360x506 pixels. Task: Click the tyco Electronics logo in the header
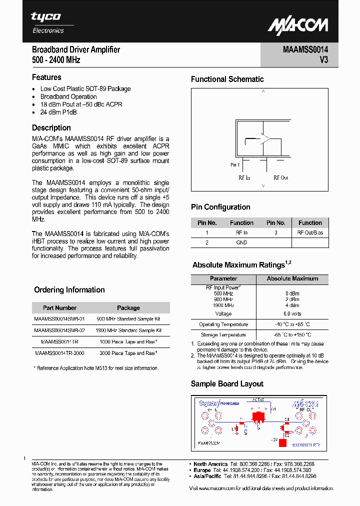(48, 22)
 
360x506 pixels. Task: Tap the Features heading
(46, 77)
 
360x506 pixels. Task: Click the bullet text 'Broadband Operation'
(68, 96)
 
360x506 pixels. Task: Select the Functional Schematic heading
(227, 79)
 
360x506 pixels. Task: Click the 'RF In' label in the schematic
(244, 177)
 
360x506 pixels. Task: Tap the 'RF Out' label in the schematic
(280, 177)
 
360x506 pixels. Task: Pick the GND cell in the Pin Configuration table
(241, 242)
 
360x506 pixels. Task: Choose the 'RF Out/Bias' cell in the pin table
(310, 232)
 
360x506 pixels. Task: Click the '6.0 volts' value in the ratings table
(292, 314)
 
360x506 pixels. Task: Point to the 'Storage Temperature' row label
(223, 334)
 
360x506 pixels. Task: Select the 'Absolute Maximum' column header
(292, 278)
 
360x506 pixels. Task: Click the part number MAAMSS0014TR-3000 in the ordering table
(59, 353)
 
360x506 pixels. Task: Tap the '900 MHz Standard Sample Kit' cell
(128, 318)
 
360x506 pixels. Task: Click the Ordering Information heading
(69, 290)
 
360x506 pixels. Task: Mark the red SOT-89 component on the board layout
(258, 415)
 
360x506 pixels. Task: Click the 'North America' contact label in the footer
(210, 464)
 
